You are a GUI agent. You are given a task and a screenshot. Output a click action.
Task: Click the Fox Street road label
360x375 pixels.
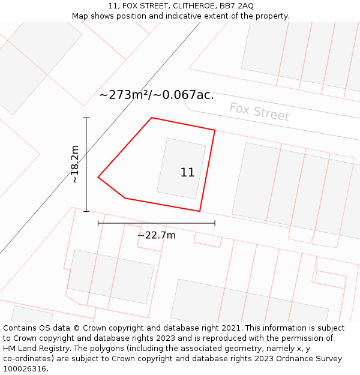[259, 112]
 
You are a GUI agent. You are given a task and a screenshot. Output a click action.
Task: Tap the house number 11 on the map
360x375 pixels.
[187, 173]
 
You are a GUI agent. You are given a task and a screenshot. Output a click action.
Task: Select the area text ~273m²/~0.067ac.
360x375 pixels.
[156, 95]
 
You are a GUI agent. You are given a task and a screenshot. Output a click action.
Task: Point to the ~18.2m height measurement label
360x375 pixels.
[75, 164]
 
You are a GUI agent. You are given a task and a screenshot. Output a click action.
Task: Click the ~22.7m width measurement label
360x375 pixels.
[157, 235]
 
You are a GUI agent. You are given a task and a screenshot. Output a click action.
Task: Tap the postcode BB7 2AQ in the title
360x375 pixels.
[237, 5]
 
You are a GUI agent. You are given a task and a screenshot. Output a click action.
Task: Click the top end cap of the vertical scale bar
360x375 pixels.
[86, 118]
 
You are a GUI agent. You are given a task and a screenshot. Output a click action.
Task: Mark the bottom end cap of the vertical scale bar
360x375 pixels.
[86, 211]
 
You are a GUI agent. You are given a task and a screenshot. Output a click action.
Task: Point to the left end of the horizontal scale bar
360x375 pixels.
[98, 223]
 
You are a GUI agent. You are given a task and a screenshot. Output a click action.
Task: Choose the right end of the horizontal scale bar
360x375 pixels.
[215, 223]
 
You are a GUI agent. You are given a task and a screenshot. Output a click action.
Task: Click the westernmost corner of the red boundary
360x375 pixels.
[98, 177]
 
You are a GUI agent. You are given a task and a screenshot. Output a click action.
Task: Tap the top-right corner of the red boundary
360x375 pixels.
[215, 130]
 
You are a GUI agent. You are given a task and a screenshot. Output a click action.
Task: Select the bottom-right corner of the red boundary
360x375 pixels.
[200, 211]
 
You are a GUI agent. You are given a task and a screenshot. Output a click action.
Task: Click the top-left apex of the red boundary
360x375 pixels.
[152, 118]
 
